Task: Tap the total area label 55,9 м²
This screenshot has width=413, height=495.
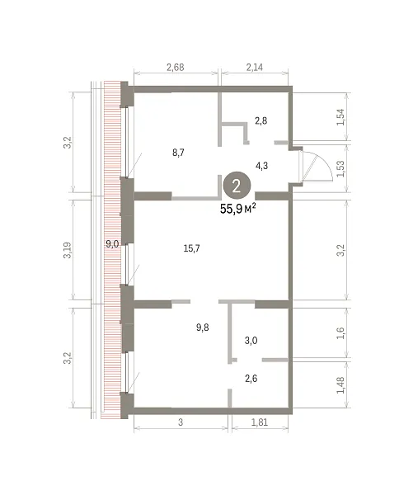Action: (x=238, y=209)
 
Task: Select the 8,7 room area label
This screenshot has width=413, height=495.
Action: (x=178, y=153)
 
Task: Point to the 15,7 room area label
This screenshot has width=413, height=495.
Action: (x=191, y=248)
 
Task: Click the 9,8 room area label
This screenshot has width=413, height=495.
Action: (x=203, y=328)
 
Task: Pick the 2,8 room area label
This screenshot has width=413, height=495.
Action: (x=261, y=120)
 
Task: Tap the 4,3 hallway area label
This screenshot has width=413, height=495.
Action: (x=262, y=166)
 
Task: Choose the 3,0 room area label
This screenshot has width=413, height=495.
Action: (x=251, y=340)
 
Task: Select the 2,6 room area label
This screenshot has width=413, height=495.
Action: (x=251, y=378)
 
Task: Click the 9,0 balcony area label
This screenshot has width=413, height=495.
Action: (x=112, y=243)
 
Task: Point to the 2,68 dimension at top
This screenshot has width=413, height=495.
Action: (x=176, y=68)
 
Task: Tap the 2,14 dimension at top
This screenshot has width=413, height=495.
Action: (x=254, y=68)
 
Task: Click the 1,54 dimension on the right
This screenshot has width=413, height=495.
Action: (x=341, y=117)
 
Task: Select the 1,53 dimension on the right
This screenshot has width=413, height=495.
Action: (x=341, y=168)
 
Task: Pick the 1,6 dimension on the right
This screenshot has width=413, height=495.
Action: (x=341, y=333)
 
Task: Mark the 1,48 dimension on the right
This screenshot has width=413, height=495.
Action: (x=341, y=385)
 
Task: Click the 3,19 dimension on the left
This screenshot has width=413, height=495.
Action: (x=68, y=250)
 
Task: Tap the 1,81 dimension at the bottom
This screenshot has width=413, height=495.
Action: (x=260, y=422)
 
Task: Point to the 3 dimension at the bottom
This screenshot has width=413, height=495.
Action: (x=181, y=422)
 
